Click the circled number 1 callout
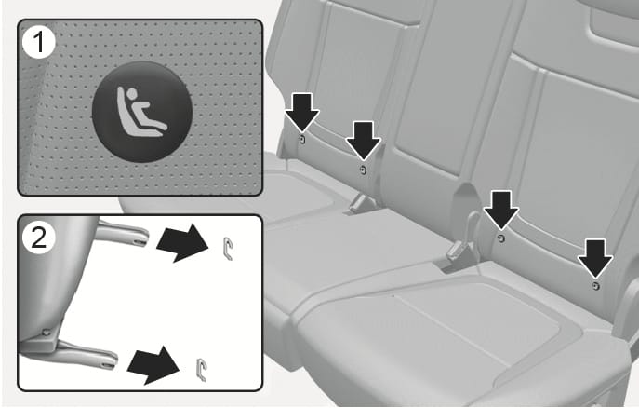[39, 42]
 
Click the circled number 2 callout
[39, 238]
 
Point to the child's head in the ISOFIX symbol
[132, 94]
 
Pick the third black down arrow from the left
[500, 210]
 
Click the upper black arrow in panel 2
[182, 243]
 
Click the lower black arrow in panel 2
[153, 365]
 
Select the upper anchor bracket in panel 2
[227, 249]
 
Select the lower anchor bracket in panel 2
[201, 370]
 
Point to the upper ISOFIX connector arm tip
[140, 238]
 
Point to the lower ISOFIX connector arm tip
[109, 360]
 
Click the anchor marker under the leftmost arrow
[302, 140]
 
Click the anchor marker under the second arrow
[363, 170]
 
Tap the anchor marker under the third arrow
[500, 238]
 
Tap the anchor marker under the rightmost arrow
[595, 286]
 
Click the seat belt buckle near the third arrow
[459, 247]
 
